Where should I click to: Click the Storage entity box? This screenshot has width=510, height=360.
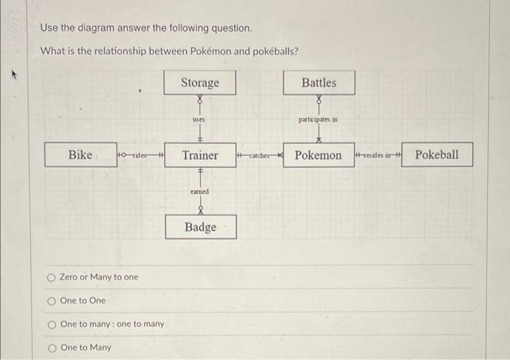coord(200,83)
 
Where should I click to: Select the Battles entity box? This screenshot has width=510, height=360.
coord(319,83)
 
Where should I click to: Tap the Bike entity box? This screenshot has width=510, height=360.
coord(80,154)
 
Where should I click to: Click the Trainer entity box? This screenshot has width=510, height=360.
coord(200,155)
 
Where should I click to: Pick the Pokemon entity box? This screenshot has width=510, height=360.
coord(318,155)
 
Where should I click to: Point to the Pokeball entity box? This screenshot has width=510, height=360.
coord(437,154)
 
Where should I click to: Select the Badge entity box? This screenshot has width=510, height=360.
coord(200,227)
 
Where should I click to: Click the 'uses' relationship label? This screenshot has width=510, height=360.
coord(198,119)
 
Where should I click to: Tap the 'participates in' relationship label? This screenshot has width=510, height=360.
coord(318,119)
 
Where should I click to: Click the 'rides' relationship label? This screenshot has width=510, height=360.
coord(140,154)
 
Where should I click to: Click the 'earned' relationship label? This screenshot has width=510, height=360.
coord(199,191)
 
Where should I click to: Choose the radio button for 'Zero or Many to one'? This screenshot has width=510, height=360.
coord(51,277)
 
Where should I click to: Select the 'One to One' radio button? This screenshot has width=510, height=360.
coord(51,300)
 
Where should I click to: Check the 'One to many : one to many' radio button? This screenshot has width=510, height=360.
coord(51,324)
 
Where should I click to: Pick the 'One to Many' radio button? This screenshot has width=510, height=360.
coord(51,347)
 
